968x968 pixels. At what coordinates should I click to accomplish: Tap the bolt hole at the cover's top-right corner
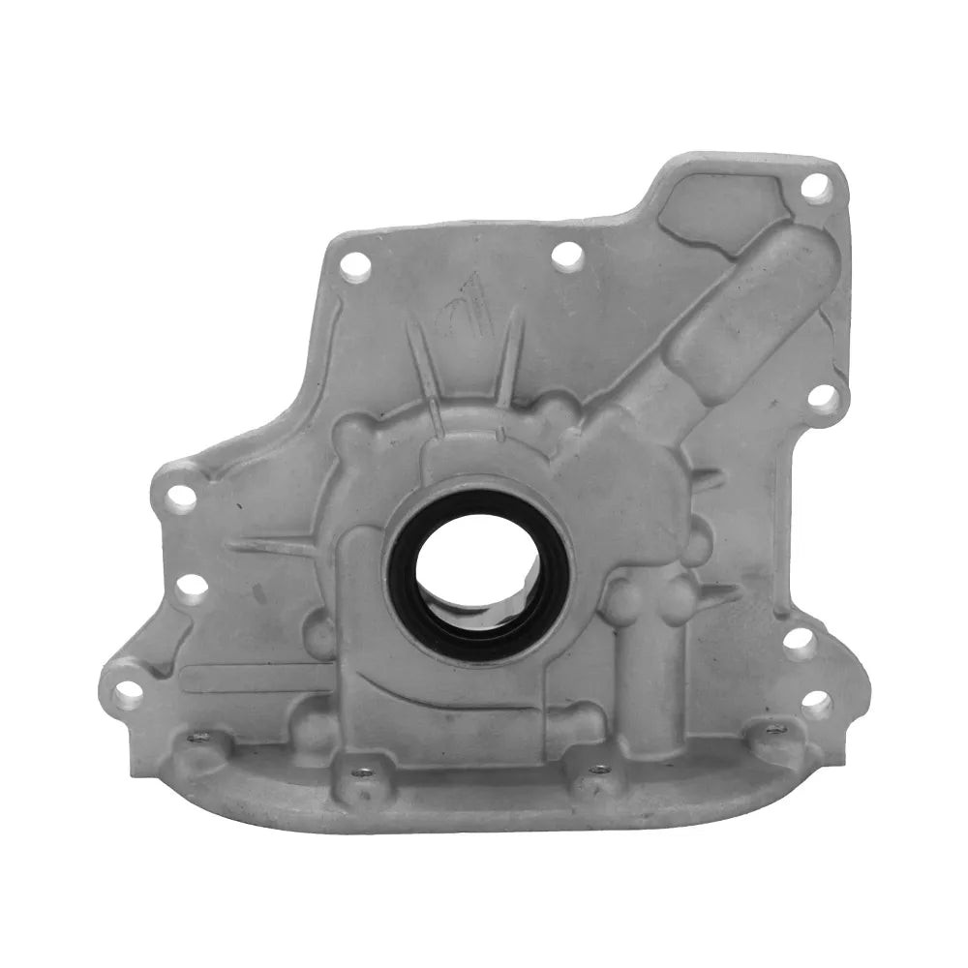[x=815, y=187]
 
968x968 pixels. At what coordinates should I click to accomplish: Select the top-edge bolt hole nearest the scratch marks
[x=566, y=255]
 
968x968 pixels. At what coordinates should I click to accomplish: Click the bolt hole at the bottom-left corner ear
[x=127, y=693]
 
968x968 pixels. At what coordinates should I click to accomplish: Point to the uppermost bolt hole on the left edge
[x=180, y=498]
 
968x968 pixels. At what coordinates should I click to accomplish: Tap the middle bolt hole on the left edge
[x=191, y=587]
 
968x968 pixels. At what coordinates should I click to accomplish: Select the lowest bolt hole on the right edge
[x=816, y=704]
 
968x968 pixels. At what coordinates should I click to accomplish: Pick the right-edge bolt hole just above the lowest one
[x=799, y=641]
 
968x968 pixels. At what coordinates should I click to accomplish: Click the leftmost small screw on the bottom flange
[x=198, y=737]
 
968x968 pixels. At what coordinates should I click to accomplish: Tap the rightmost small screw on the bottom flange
[x=774, y=729]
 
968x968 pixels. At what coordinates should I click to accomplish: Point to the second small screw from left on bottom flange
[x=362, y=772]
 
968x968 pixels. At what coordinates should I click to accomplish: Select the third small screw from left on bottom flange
[x=600, y=770]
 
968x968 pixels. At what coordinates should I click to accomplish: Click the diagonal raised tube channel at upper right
[x=736, y=310]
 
